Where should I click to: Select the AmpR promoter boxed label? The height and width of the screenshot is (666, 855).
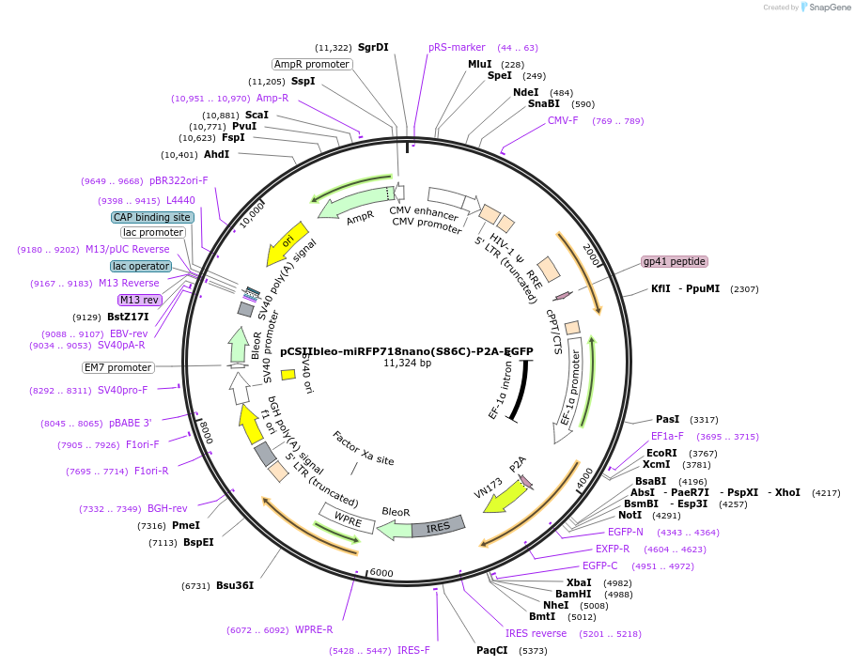click(x=312, y=64)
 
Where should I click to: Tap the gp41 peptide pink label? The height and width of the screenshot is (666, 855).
click(x=674, y=261)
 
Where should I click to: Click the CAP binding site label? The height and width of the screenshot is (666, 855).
click(x=152, y=217)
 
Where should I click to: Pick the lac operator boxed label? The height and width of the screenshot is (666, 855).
click(x=141, y=266)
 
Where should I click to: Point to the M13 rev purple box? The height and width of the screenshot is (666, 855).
click(x=139, y=300)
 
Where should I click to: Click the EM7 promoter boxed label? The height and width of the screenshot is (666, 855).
click(x=117, y=367)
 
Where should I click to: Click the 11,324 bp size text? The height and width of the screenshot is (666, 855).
click(x=407, y=363)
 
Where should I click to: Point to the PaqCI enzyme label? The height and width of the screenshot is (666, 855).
click(x=491, y=650)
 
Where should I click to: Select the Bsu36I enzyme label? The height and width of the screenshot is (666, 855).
click(x=235, y=585)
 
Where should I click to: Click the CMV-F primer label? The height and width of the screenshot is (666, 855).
click(x=563, y=120)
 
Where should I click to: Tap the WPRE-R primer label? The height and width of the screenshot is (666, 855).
click(x=314, y=629)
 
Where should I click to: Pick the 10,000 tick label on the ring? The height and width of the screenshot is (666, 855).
click(x=251, y=218)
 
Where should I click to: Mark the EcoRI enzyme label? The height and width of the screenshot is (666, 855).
click(x=661, y=453)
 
